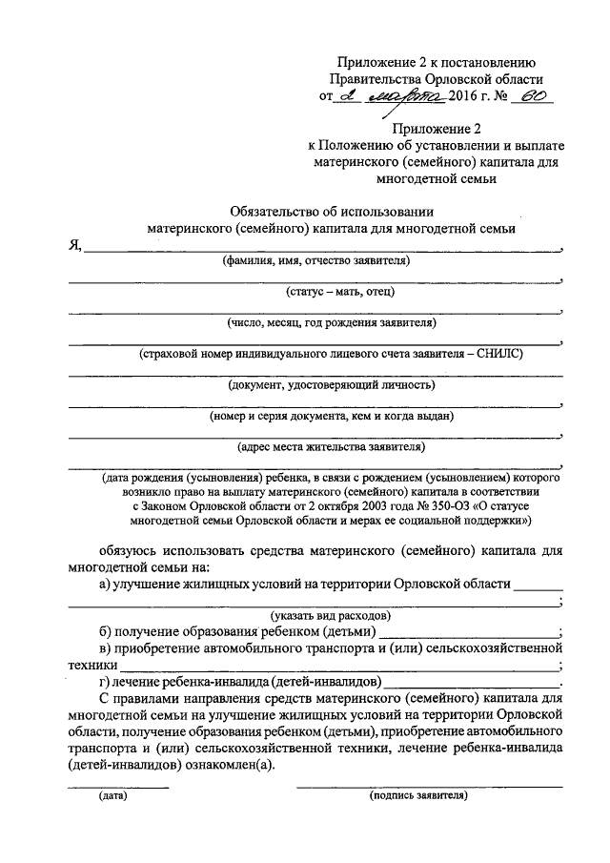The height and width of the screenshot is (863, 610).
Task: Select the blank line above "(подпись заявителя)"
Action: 429,786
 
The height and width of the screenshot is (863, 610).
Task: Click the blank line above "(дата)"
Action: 117,786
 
